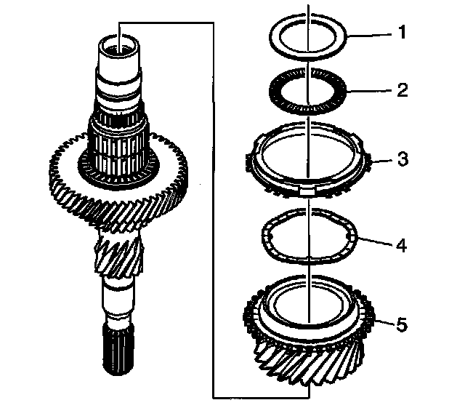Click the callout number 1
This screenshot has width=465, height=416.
click(x=402, y=33)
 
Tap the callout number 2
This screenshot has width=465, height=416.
click(x=403, y=89)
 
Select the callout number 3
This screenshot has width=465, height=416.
click(x=403, y=159)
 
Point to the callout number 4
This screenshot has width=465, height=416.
click(x=402, y=245)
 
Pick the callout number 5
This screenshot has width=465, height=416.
click(x=402, y=325)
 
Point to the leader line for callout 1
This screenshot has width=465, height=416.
click(x=371, y=35)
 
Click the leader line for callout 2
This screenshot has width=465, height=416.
click(x=371, y=91)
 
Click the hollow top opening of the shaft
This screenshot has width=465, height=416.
click(x=118, y=44)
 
